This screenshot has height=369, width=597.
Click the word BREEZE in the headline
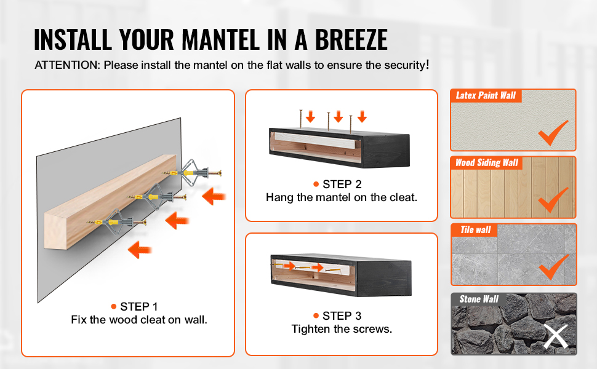351,39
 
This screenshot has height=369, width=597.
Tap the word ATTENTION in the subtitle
67,65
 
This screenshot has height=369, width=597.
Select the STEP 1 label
139,307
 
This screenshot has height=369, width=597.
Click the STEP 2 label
342,184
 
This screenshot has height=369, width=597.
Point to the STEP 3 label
342,315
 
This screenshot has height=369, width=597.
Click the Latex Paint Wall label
486,95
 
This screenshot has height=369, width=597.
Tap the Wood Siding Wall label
487,163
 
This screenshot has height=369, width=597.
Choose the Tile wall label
476,230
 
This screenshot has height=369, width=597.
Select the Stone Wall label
479,299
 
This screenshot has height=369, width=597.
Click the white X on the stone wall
556,336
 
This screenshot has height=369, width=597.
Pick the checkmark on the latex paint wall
553,133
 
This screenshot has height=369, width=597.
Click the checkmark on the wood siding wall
553,200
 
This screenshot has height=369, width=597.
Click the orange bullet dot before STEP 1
113,307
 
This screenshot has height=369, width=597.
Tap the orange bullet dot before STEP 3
316,315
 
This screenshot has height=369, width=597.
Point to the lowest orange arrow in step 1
140,250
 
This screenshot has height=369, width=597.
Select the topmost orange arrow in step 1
214,197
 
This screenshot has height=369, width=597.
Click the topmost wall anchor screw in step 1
191,173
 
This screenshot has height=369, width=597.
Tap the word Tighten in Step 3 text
311,329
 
